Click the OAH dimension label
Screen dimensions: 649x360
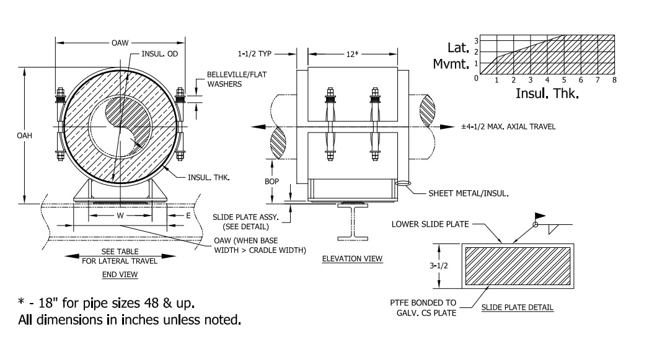[x=24, y=135]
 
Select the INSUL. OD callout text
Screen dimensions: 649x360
[x=159, y=54]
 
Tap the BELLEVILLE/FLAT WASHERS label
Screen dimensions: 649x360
[x=237, y=79]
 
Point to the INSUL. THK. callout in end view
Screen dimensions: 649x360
[x=209, y=177]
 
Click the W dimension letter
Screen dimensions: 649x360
[x=120, y=216]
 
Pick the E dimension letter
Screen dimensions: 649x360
[x=188, y=216]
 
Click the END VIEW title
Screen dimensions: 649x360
[x=120, y=274]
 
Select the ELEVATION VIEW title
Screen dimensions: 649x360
[x=352, y=258]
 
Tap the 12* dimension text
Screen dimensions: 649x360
[x=352, y=54]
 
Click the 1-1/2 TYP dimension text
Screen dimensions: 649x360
[x=254, y=54]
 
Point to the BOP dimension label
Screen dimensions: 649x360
[x=272, y=182]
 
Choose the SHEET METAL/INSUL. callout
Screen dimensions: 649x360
[x=469, y=193]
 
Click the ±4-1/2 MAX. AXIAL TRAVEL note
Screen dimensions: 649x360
[x=508, y=126]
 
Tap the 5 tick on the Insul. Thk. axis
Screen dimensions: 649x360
[x=564, y=80]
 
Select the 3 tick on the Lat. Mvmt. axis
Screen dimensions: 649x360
[x=477, y=40]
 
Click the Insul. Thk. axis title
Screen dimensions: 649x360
[x=547, y=94]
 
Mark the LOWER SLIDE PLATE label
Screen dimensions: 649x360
[x=430, y=224]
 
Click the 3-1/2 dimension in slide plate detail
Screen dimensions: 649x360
[x=439, y=266]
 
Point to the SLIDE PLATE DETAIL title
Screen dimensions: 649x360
[x=518, y=307]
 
